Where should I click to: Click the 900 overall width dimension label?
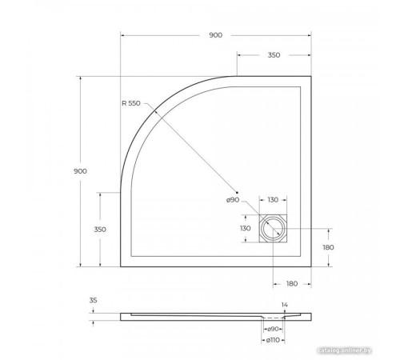[x=216, y=35]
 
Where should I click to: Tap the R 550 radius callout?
[x=131, y=103]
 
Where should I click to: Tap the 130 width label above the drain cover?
[x=274, y=200]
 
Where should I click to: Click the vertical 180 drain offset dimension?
[x=328, y=247]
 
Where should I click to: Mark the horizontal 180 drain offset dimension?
[x=292, y=282]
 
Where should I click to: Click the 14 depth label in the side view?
[x=284, y=305]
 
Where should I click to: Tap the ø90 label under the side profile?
[x=274, y=330]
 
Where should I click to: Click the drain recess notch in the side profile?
[x=274, y=318]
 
